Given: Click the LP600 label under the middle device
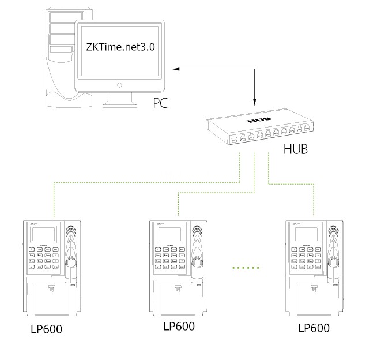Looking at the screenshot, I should click(x=179, y=325).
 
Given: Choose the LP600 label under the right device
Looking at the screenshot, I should click(x=314, y=328).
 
